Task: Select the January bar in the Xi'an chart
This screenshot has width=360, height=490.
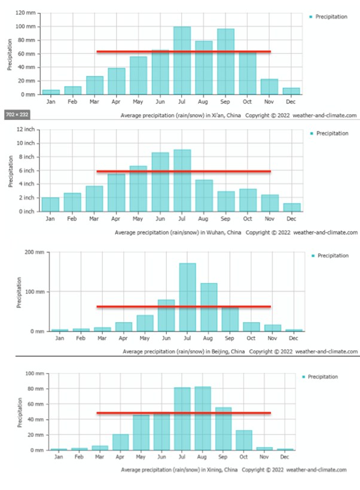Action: pos(51,91)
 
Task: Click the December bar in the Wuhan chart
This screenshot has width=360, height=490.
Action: pos(292,207)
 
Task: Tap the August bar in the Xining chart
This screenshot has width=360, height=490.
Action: pos(203,418)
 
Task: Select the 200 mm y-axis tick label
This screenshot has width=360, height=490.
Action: pos(34,252)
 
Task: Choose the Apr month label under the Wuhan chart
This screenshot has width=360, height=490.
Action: pos(116,219)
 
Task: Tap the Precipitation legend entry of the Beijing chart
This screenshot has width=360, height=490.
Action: pos(332,256)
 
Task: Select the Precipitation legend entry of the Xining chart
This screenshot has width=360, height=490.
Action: pos(323,377)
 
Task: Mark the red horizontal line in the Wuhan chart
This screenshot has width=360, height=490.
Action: pos(184,171)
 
